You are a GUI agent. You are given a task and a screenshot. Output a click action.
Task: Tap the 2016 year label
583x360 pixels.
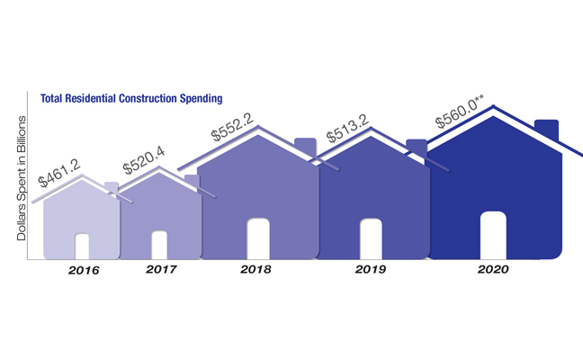(83, 270)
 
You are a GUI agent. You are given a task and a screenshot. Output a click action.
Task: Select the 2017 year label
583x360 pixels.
(161, 269)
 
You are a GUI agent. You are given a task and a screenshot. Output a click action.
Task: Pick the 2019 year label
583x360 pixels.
(370, 269)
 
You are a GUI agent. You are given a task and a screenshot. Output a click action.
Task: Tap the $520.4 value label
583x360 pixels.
(144, 161)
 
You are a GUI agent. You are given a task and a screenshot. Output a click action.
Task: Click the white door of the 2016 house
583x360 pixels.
(82, 246)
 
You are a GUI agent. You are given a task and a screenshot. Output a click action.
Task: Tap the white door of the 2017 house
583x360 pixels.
(159, 245)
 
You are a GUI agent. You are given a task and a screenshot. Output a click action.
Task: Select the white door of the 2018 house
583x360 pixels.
(258, 238)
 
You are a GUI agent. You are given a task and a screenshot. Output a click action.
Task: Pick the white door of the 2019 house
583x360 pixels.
(371, 238)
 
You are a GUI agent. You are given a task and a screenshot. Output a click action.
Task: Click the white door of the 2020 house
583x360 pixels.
(492, 235)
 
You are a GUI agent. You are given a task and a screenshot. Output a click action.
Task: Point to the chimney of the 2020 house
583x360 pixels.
(546, 131)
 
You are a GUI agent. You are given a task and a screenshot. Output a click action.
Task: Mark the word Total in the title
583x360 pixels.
(53, 96)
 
